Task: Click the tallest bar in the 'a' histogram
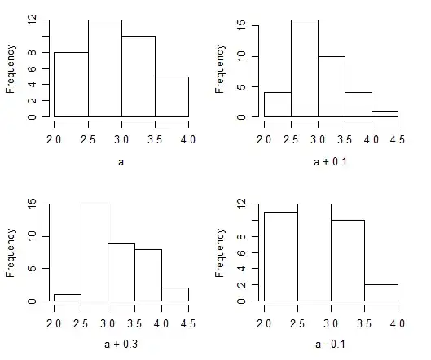pos(104,68)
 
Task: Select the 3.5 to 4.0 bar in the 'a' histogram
pos(171,97)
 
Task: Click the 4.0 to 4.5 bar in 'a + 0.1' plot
pos(385,114)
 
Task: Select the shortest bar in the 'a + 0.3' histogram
pos(67,297)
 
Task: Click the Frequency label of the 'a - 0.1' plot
pos(221,252)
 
